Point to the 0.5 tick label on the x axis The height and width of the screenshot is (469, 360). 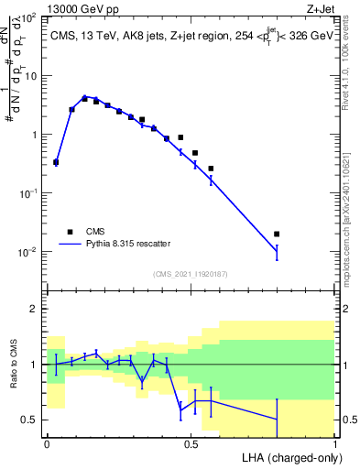point(191,443)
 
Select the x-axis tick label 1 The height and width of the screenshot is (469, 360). point(335,443)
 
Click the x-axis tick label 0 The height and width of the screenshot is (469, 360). point(47,443)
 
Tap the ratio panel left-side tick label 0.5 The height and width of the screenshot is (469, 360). point(30,420)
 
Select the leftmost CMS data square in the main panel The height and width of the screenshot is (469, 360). point(56,162)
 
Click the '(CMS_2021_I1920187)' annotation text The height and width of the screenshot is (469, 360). point(191,273)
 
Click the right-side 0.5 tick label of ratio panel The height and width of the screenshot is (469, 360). point(349,420)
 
